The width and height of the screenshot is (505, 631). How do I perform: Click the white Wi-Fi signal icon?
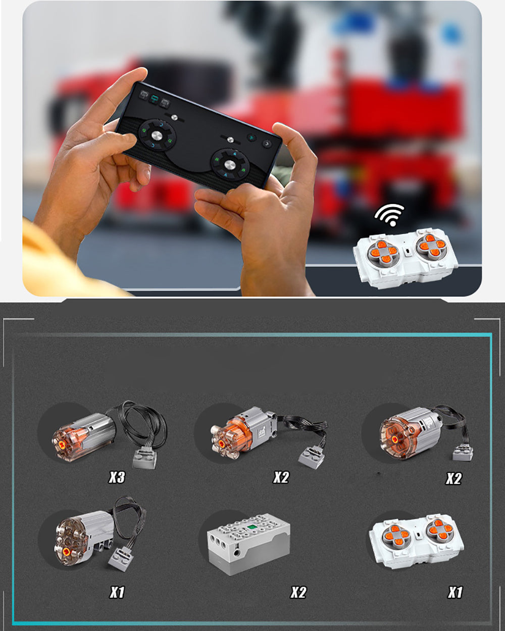click(389, 215)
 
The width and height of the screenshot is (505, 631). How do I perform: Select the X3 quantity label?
click(117, 477)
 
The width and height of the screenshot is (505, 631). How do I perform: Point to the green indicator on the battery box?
click(250, 527)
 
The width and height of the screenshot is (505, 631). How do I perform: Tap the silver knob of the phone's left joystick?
click(156, 135)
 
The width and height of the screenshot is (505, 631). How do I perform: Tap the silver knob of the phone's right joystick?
click(229, 164)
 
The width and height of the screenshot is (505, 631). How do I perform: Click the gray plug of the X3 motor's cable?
click(144, 456)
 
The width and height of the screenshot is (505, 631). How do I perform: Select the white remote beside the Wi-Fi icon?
click(405, 258)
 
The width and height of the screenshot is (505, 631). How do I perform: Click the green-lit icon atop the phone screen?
click(154, 98)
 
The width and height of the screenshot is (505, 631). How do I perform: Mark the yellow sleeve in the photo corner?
click(59, 264)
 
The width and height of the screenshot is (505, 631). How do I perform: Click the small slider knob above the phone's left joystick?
click(174, 117)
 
